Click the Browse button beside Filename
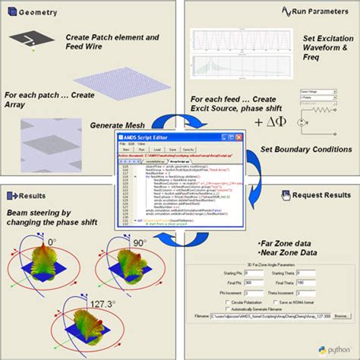pos(341,336)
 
